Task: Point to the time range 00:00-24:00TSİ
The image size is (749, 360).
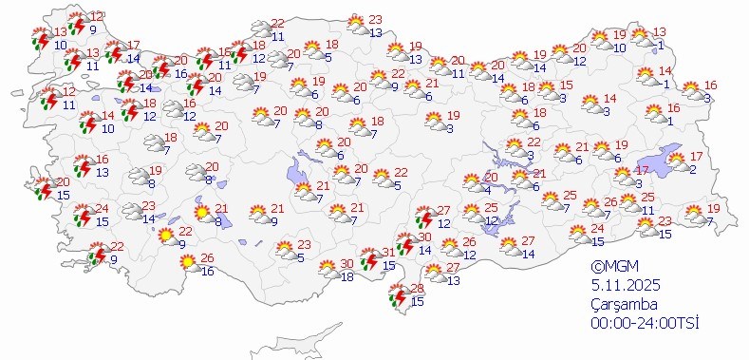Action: [x=644, y=323]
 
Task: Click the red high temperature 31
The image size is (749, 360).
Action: [x=388, y=254]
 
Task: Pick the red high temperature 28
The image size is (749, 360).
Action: [x=415, y=289]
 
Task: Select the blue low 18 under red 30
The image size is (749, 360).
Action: [x=346, y=276]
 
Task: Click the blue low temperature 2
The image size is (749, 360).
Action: [x=693, y=169]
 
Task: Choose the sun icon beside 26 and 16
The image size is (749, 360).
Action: [x=188, y=260]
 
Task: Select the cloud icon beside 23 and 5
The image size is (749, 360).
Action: [x=284, y=251]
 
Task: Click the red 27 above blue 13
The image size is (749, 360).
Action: [x=452, y=269]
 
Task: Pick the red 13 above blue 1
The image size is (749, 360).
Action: [x=659, y=32]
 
